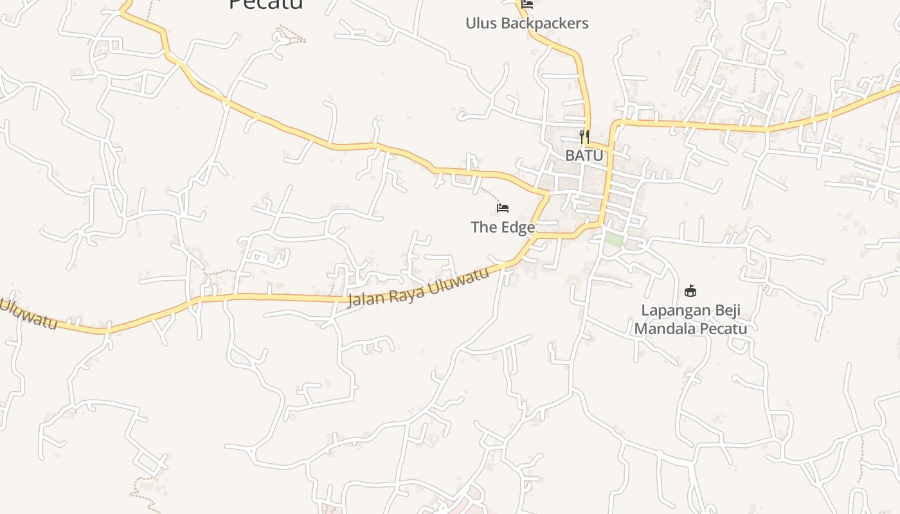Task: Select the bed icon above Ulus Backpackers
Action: pyautogui.click(x=527, y=4)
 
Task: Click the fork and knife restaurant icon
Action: pyautogui.click(x=584, y=136)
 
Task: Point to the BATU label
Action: pyautogui.click(x=584, y=155)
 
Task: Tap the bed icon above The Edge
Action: pyautogui.click(x=503, y=208)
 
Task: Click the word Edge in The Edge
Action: pyautogui.click(x=517, y=227)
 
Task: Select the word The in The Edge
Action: pyautogui.click(x=483, y=227)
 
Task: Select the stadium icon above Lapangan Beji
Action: pyautogui.click(x=690, y=291)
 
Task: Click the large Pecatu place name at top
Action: pyautogui.click(x=266, y=5)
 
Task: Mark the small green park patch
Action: pyautogui.click(x=614, y=240)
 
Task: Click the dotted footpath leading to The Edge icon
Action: pyautogui.click(x=489, y=193)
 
